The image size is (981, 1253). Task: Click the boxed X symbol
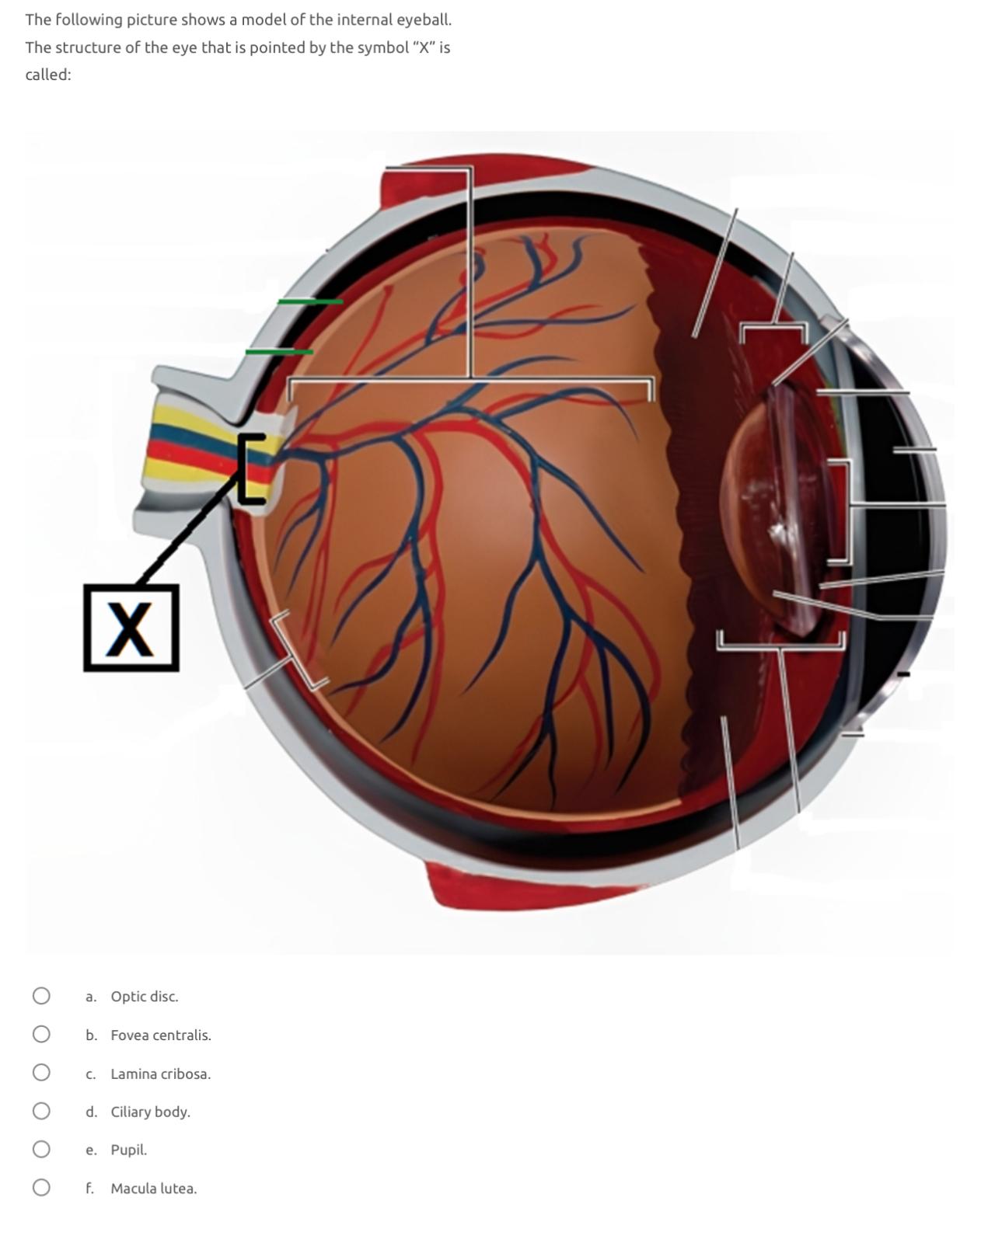[x=131, y=628]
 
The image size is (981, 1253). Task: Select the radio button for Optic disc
[x=41, y=996]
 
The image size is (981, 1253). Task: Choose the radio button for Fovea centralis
[x=41, y=1034]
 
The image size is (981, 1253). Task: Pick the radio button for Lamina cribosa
[x=41, y=1073]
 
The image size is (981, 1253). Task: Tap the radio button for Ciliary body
[x=41, y=1111]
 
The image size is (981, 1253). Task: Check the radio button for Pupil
[x=41, y=1149]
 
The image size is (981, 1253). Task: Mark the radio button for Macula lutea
[x=41, y=1188]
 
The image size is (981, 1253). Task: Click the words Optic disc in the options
[x=144, y=997]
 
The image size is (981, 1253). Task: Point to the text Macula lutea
[x=153, y=1189]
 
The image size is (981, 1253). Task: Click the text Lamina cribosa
[x=160, y=1074]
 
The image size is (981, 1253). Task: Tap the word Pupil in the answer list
[x=128, y=1150]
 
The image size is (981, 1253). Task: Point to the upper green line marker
[x=309, y=301]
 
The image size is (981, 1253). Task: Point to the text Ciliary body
[x=150, y=1112]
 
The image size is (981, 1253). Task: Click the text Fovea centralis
[x=160, y=1035]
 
